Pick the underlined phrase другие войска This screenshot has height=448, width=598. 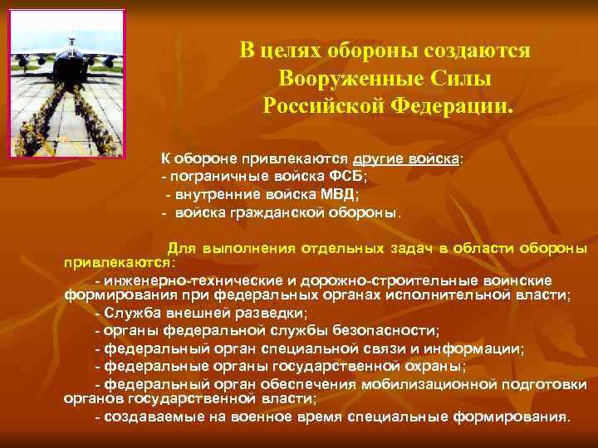406,158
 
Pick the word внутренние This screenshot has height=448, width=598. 213,194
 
